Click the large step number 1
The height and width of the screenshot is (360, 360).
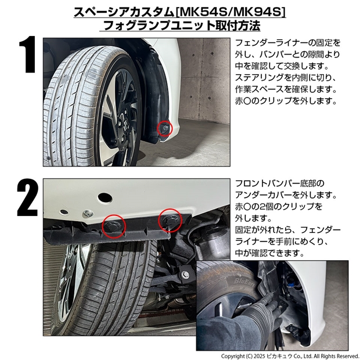tap(28, 55)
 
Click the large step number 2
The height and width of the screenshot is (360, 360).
tap(27, 197)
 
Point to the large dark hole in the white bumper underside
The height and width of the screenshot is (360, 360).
tap(105, 197)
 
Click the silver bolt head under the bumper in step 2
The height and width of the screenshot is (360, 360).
tap(88, 214)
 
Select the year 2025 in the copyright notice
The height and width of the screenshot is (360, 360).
tap(259, 356)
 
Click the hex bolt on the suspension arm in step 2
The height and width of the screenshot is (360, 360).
tap(185, 275)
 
